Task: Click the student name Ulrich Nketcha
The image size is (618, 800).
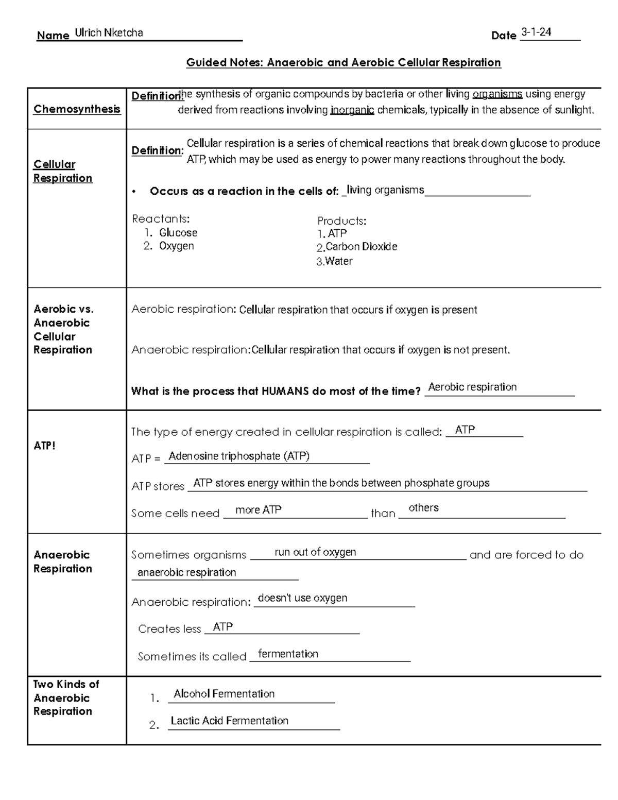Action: [109, 33]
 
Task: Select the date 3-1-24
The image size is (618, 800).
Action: [536, 32]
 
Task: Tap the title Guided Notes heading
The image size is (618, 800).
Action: [343, 62]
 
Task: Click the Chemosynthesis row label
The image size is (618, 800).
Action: [77, 109]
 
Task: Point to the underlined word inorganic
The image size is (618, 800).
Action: [352, 110]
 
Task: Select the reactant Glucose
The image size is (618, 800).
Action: [178, 233]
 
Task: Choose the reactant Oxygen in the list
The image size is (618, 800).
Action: [176, 246]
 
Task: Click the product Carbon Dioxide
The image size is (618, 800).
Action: [361, 247]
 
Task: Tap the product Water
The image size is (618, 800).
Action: [338, 261]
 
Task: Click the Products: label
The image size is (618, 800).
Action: [341, 221]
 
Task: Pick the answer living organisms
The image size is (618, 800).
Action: [385, 190]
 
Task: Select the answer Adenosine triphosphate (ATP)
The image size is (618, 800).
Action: [239, 456]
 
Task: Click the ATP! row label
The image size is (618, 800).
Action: [44, 446]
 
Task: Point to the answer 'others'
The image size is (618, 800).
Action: [423, 508]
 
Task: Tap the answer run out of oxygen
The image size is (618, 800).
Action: [315, 552]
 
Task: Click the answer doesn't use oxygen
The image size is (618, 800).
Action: [302, 598]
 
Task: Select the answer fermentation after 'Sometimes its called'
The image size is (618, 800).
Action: [288, 654]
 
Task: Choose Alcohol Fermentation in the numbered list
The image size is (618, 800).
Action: [224, 694]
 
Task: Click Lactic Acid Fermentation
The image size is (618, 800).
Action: [229, 721]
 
